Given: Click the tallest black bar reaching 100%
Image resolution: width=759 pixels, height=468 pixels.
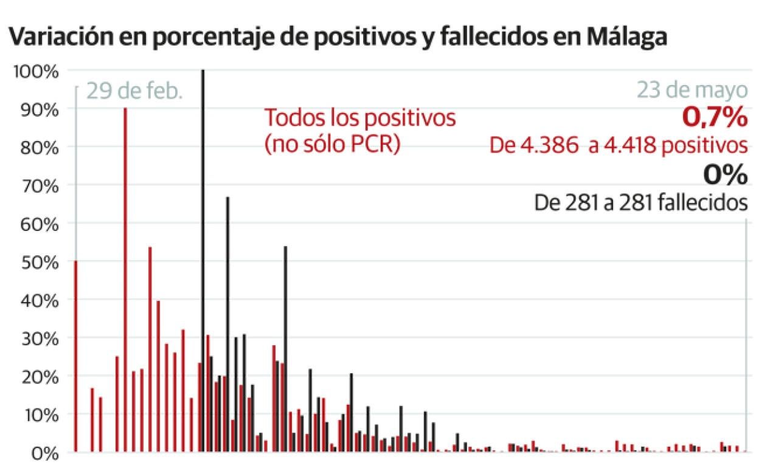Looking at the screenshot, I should tap(203, 261).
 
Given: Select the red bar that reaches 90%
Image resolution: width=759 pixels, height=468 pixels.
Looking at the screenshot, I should tap(125, 280).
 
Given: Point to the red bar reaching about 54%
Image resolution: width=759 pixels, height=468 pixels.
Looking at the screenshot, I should tap(150, 349).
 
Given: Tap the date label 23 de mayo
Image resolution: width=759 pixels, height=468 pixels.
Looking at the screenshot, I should tap(692, 90).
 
